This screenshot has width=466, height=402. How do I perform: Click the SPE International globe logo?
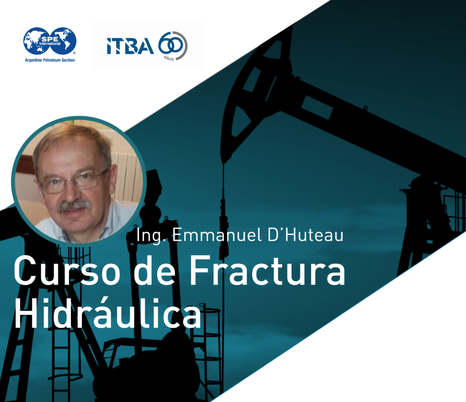pos(50,41)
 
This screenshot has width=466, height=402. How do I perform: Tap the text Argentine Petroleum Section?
pos(50,60)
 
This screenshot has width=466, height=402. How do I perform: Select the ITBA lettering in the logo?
pos(130,46)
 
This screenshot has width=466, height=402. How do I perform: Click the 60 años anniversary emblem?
pos(172,46)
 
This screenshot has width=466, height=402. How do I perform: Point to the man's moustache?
pos(74,205)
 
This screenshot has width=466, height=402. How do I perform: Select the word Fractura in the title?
pos(267,270)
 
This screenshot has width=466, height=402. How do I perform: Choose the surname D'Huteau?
pos(306,235)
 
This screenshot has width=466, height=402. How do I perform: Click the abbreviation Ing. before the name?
pos(151,236)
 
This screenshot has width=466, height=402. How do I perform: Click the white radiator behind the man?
pos(127,175)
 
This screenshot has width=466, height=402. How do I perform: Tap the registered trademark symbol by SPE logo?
pos(74,53)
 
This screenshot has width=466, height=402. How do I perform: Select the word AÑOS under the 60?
pos(169,58)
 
